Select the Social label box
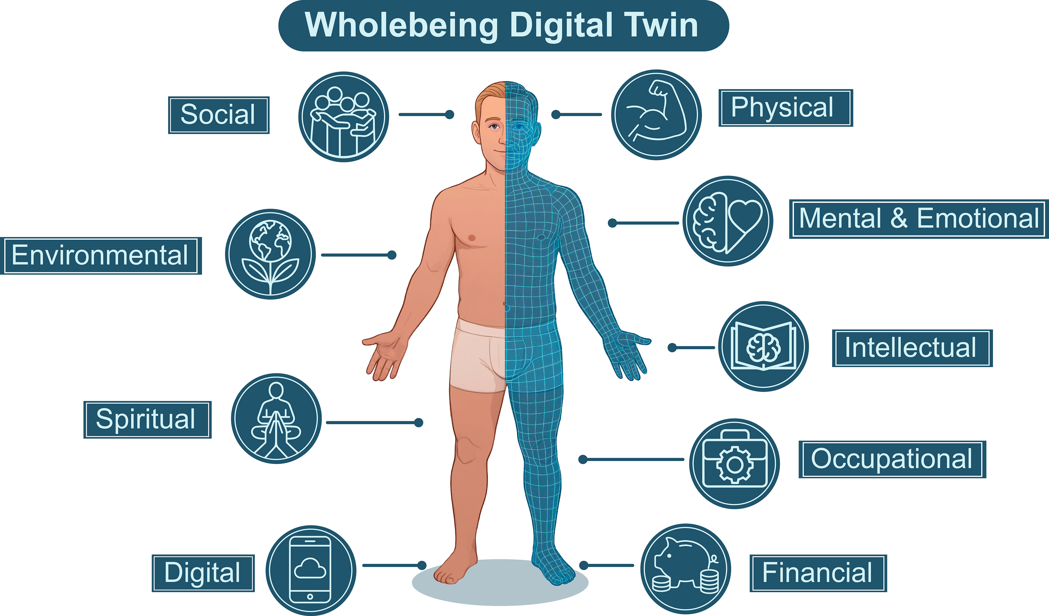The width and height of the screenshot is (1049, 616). point(219,115)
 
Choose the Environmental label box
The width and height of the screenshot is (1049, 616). point(101,256)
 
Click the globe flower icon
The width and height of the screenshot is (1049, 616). point(270,254)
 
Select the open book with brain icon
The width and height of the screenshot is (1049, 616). point(764,346)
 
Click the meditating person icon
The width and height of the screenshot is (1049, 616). point(276,418)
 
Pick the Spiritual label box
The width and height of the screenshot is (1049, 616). point(147,420)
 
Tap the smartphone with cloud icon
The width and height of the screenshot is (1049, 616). point(311,570)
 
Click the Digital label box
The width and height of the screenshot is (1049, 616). point(203,573)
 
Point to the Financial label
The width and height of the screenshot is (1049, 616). point(818,573)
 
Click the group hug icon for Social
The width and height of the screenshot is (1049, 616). point(343,117)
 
